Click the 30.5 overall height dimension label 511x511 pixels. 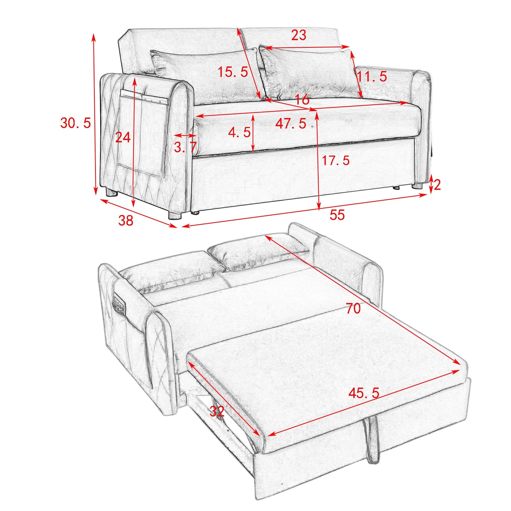click(x=75, y=123)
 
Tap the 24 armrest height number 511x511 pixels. click(x=123, y=137)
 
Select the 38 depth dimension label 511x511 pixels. click(x=126, y=220)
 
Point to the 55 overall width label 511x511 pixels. click(x=337, y=215)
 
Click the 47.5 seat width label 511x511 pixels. click(x=291, y=123)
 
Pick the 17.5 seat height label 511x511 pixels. click(x=335, y=161)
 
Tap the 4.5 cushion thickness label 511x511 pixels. click(x=239, y=133)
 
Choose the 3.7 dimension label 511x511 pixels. click(x=185, y=147)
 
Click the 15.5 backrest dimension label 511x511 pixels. click(x=232, y=72)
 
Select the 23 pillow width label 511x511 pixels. click(x=298, y=35)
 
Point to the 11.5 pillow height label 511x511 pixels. click(x=372, y=76)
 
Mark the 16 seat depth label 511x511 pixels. click(x=302, y=100)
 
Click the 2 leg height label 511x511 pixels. click(x=437, y=185)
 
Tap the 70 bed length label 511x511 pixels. click(x=353, y=308)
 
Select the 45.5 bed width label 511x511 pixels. click(x=364, y=393)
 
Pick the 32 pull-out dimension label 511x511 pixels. click(x=217, y=411)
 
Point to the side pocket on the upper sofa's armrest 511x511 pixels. click(x=141, y=134)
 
